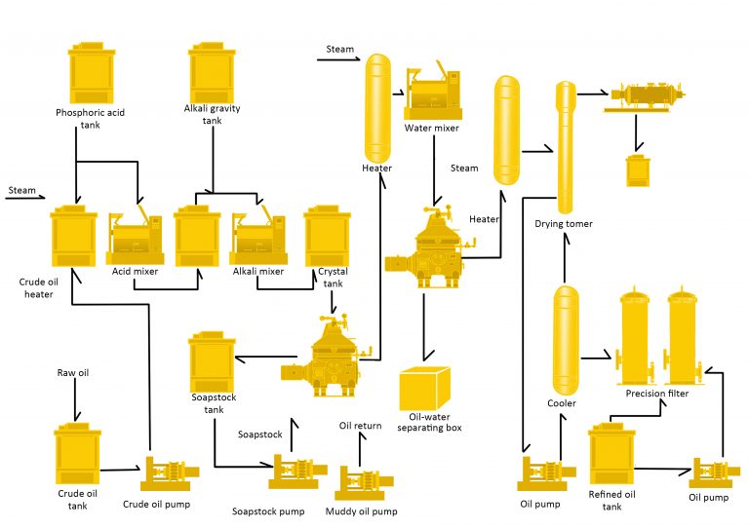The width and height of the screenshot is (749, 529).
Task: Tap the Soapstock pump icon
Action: pos(296,473)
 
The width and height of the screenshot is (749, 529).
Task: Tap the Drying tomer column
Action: pos(565,146)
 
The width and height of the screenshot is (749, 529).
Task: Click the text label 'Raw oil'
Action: pos(73,373)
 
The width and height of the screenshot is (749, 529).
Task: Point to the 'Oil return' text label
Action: pos(360,425)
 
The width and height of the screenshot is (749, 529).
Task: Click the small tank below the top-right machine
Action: pos(639,168)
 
